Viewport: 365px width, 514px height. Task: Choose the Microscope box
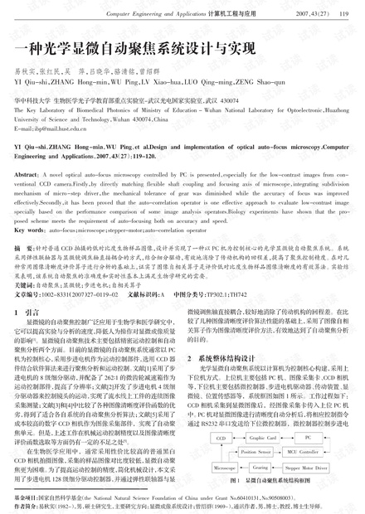[223, 468]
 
